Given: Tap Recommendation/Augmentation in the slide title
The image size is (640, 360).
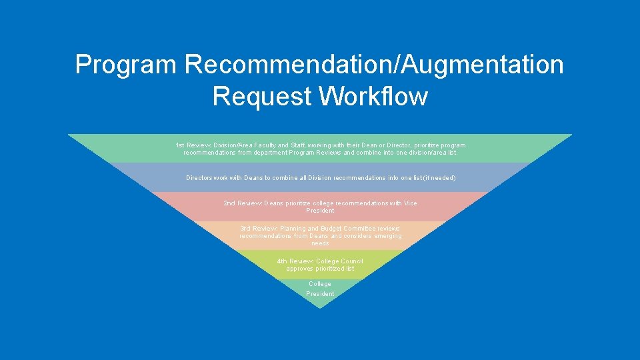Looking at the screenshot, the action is (x=375, y=65).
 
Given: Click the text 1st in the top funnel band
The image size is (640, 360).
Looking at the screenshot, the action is (x=179, y=145).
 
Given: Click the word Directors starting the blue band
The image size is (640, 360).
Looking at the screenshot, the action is (x=199, y=178).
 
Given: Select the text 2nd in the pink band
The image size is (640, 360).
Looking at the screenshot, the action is (x=229, y=203).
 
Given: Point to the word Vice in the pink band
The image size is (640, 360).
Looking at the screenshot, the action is (x=411, y=203).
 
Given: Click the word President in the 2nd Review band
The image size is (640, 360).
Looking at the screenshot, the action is (x=320, y=211).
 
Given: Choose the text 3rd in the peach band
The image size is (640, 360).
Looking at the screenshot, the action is (x=245, y=229).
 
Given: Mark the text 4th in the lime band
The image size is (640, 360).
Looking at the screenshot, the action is (x=282, y=261).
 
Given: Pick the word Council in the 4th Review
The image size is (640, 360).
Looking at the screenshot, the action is (x=351, y=261).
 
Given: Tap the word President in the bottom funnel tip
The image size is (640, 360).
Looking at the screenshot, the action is (x=320, y=294).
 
